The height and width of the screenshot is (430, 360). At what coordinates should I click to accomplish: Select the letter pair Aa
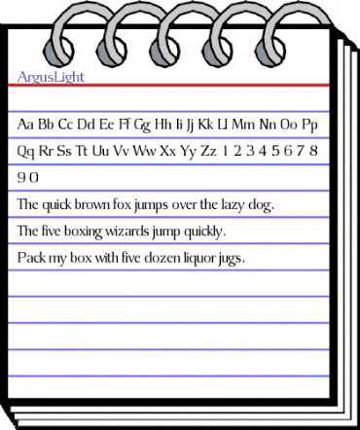point(27,125)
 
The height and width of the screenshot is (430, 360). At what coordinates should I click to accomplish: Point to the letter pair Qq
point(28,153)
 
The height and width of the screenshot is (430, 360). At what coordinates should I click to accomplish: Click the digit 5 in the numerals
point(278,153)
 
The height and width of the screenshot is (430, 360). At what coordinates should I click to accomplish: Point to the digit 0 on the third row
point(34,179)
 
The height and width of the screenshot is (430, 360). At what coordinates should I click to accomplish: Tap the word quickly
point(200,233)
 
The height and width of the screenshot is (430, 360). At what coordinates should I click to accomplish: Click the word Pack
point(30,259)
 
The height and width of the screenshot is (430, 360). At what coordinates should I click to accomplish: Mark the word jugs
point(230,261)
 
